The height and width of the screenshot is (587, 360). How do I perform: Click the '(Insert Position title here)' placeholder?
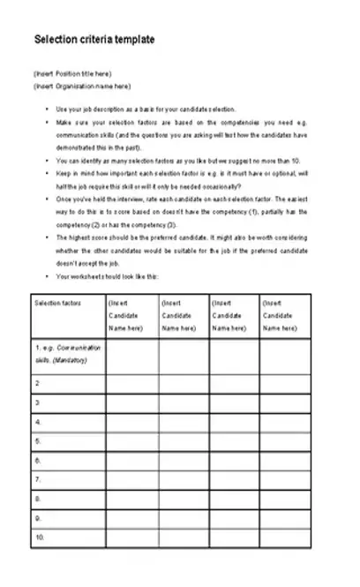[72, 73]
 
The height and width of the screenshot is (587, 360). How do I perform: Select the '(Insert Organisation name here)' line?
[81, 86]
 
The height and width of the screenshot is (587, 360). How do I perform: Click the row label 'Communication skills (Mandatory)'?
[68, 354]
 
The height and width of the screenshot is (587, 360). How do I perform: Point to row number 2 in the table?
[37, 384]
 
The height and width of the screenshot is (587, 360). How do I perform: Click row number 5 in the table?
[37, 441]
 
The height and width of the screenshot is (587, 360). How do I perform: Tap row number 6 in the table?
[37, 461]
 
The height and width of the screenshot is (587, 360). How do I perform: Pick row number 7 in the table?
[37, 479]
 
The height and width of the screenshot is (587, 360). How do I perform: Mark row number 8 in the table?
[37, 499]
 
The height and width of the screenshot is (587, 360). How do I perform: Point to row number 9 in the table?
[37, 518]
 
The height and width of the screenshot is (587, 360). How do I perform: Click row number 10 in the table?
[39, 537]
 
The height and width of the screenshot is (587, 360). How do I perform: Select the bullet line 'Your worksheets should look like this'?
[107, 276]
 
